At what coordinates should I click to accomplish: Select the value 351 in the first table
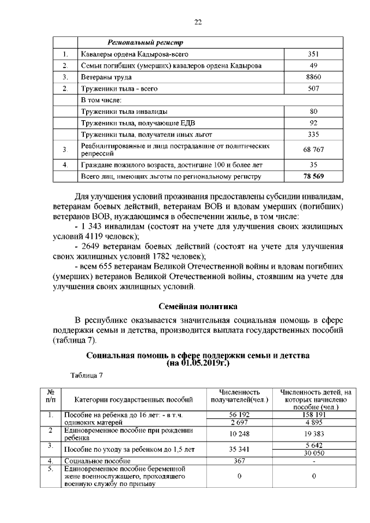pos(314,55)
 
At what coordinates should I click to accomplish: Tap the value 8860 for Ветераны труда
pos(314,77)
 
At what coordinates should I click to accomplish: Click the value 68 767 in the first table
pos(314,150)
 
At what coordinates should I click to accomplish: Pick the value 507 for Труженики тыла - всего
pos(314,88)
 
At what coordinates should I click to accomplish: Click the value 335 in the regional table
pos(314,134)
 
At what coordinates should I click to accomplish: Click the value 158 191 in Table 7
pos(313,414)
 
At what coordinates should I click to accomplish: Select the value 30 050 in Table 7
pos(313,453)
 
